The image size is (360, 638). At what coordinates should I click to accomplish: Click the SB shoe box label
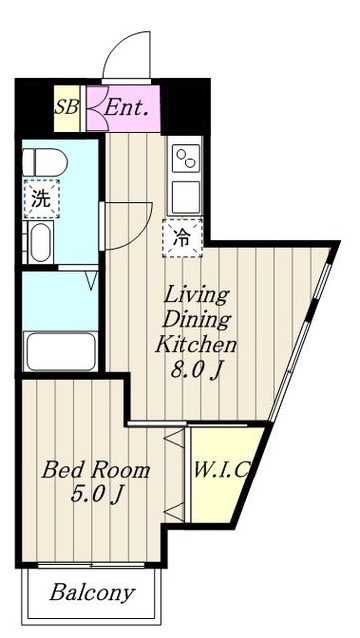[x=67, y=108]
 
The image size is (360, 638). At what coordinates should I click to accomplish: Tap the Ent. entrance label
[x=125, y=108]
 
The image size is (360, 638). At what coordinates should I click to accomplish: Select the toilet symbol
[x=45, y=161]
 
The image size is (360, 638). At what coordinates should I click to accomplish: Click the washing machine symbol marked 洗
[x=41, y=199]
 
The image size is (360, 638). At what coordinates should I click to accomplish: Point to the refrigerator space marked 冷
[x=182, y=238]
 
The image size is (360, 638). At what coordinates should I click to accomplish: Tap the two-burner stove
[x=185, y=159]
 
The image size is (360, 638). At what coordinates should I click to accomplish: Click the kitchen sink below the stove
[x=185, y=197]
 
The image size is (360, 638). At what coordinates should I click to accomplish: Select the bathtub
[x=60, y=351]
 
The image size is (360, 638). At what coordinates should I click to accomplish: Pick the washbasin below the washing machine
[x=41, y=243]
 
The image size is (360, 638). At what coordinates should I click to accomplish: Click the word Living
[x=195, y=296]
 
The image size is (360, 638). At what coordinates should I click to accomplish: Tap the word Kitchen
[x=195, y=345]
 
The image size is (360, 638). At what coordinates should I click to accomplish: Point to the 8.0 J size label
[x=197, y=371]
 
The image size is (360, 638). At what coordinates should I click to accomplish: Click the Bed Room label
[x=96, y=471]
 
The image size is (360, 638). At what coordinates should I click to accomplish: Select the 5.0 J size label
[x=96, y=495]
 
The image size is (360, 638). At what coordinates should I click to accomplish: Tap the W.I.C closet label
[x=221, y=470]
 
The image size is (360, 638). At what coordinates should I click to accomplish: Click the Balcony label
[x=92, y=593]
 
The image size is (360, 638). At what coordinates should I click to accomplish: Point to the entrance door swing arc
[x=116, y=45]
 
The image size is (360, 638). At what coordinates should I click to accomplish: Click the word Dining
[x=196, y=321]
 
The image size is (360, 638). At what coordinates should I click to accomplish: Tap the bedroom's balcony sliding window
[x=91, y=565]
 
